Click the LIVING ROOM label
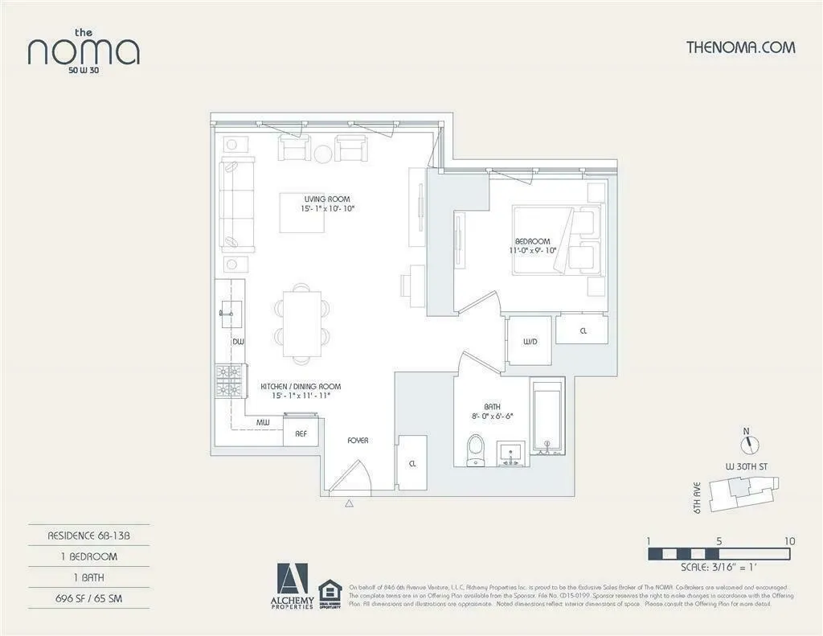point(327,199)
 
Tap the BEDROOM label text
point(533,241)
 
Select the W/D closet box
point(530,342)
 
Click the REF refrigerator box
point(301,433)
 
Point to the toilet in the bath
point(476,450)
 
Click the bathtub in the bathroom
point(550,418)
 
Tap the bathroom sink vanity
point(510,453)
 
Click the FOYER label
point(358,441)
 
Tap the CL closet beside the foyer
point(413,463)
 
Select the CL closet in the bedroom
point(583,330)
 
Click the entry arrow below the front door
point(350,504)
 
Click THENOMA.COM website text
point(740,47)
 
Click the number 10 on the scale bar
point(790,541)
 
